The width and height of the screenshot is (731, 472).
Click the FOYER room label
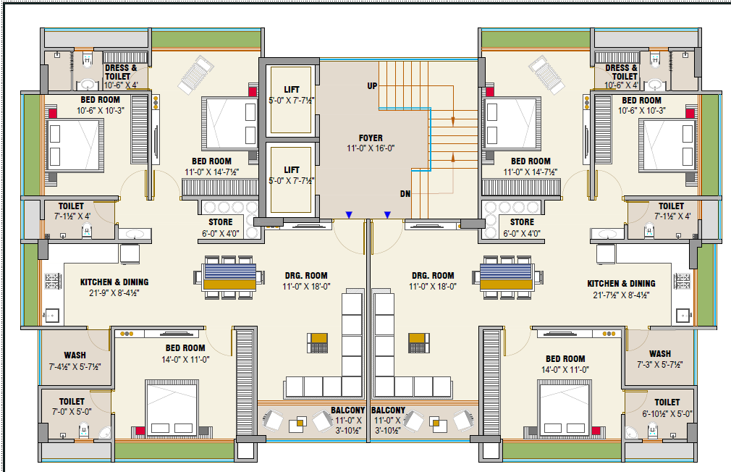tap(371, 138)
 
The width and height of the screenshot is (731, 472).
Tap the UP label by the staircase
tap(372, 86)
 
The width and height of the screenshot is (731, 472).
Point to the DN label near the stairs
tap(405, 193)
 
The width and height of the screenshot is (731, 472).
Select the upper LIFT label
tap(292, 90)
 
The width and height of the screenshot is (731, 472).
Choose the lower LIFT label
tap(292, 170)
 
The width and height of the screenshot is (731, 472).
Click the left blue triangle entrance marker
tap(349, 214)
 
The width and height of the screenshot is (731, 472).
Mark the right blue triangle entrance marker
tap(387, 214)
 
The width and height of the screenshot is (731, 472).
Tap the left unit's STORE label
tap(221, 222)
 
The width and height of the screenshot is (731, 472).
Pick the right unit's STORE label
tap(522, 222)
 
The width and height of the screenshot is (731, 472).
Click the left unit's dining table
tap(229, 277)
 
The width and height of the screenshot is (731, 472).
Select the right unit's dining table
tap(507, 277)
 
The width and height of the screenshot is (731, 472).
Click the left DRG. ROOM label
tap(306, 276)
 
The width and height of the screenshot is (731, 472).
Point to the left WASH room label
tap(75, 355)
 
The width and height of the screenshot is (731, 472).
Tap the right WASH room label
tap(660, 354)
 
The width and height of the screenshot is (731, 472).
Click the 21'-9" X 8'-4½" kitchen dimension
tap(114, 293)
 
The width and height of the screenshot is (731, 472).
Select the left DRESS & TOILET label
tap(121, 72)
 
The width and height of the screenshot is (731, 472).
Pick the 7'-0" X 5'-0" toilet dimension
tap(72, 412)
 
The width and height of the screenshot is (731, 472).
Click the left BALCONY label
tap(348, 410)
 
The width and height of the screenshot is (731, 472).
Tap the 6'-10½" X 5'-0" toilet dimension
tap(667, 413)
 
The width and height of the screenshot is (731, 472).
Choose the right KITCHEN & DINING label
tap(622, 284)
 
